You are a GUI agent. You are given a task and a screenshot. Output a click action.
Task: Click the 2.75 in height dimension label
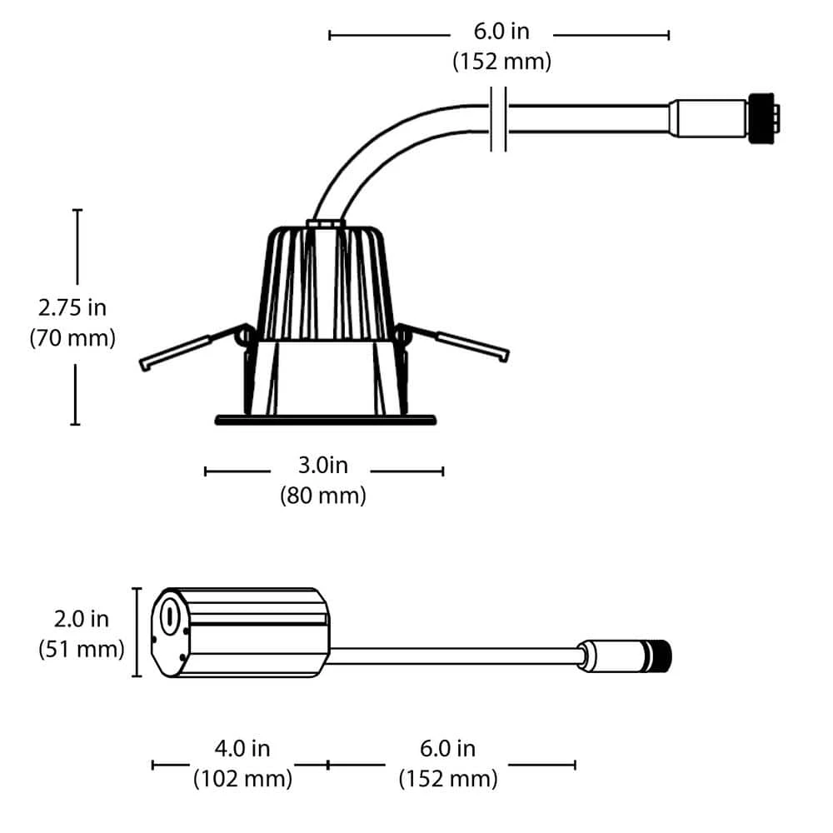(72, 307)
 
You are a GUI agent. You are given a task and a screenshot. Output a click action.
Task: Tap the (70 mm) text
(72, 338)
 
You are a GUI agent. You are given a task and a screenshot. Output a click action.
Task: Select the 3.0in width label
(323, 465)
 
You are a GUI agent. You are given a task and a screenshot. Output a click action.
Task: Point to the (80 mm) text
(323, 495)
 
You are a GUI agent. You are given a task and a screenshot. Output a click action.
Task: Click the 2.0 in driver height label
(82, 619)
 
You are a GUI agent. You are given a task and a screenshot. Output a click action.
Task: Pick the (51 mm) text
(82, 649)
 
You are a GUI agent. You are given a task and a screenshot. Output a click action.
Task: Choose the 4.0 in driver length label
(242, 749)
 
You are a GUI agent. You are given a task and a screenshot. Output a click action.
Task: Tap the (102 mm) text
(242, 779)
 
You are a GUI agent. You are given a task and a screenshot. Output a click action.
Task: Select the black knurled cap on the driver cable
(658, 656)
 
